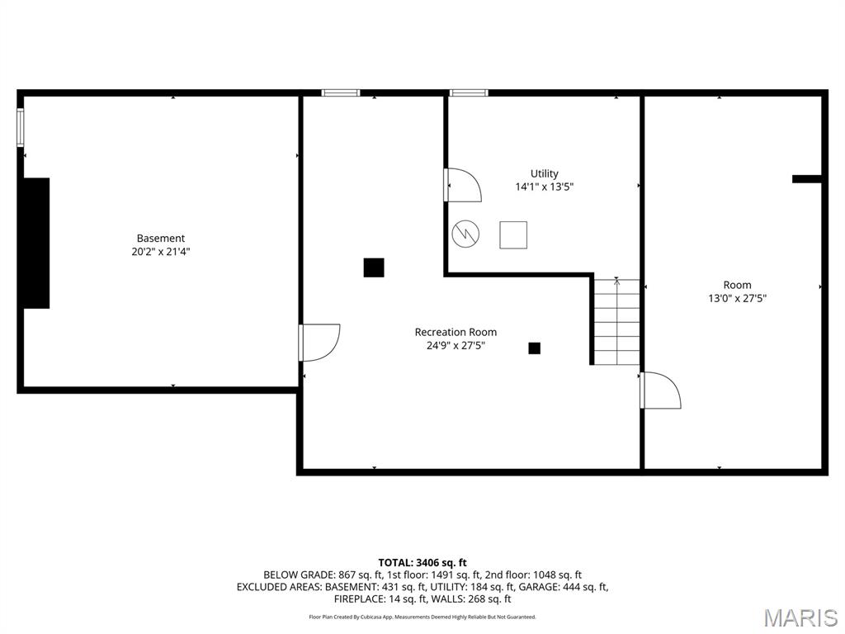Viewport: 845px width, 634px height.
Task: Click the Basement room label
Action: point(161,239)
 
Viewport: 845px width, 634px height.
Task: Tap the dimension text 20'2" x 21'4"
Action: point(161,253)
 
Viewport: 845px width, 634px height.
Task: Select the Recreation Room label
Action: point(456,332)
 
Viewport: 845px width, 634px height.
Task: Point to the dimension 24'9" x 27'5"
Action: point(456,346)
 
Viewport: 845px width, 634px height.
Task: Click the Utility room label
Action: point(544,173)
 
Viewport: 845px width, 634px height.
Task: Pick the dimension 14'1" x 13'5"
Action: point(544,187)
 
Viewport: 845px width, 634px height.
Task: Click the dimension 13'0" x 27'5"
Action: point(737,299)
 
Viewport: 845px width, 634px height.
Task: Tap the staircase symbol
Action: point(616,322)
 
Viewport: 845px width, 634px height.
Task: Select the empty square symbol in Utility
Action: point(513,234)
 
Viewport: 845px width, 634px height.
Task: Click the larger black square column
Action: point(374,267)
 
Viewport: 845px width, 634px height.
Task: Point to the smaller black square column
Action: point(534,348)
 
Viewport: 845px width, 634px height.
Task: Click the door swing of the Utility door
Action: point(463,185)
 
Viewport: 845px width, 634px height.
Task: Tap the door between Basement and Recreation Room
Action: point(319,342)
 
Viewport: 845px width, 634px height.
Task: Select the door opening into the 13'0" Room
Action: point(660,390)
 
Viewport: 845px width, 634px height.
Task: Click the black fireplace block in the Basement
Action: point(36,243)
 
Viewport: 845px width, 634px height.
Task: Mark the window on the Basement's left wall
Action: point(21,128)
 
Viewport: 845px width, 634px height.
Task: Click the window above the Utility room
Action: point(469,93)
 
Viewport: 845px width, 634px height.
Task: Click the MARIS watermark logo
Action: point(800,617)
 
